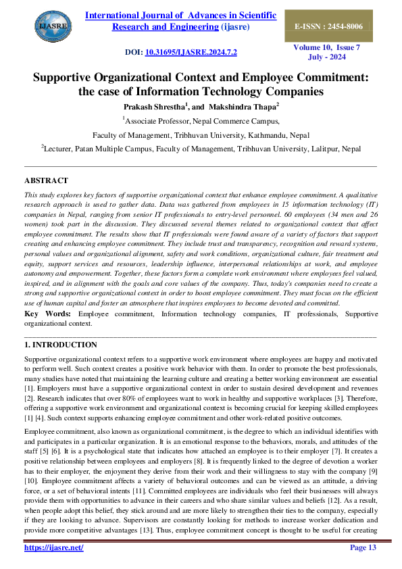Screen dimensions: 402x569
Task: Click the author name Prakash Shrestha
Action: (x=152, y=106)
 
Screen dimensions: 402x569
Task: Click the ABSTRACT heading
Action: (x=46, y=180)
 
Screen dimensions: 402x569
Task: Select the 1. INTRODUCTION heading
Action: (x=60, y=345)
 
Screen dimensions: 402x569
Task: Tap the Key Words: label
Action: (x=49, y=314)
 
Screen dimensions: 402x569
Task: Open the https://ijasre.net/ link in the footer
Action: (x=54, y=547)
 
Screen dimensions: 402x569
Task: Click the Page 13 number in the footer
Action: (x=362, y=547)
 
